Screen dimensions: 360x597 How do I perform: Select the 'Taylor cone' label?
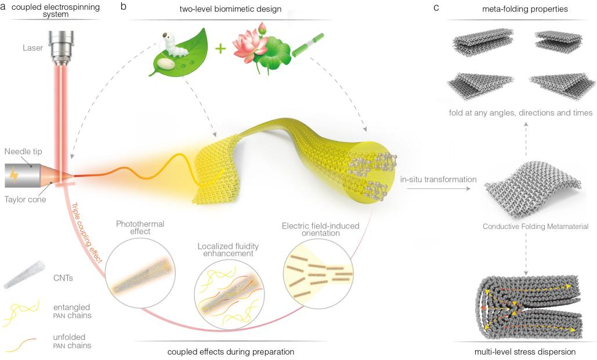tap(27, 199)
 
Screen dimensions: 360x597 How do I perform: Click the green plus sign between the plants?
tap(220, 48)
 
